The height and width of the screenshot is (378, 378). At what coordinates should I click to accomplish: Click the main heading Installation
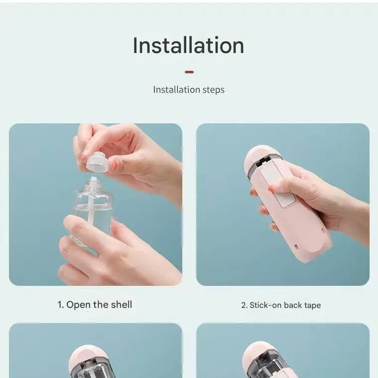[188, 46]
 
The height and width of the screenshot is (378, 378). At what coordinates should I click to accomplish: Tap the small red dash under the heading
[189, 72]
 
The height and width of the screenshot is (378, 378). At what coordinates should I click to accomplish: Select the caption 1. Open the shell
[95, 305]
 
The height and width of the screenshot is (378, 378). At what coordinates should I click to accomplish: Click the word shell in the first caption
[120, 305]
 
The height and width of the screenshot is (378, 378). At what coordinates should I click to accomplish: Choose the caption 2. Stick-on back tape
[281, 305]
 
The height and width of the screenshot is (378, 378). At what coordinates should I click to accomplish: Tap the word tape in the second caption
[312, 305]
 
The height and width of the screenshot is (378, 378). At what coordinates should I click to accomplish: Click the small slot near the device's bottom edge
[295, 246]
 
